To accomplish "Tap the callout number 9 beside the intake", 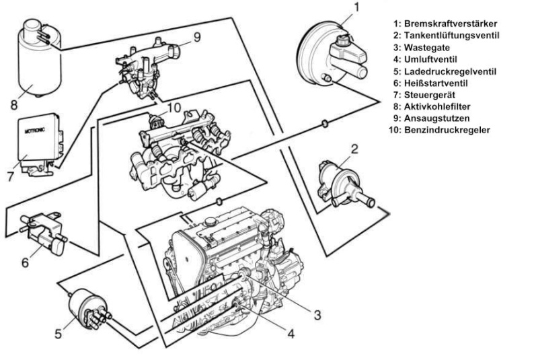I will coord(197,37).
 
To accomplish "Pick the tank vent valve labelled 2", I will coord(338,180).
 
